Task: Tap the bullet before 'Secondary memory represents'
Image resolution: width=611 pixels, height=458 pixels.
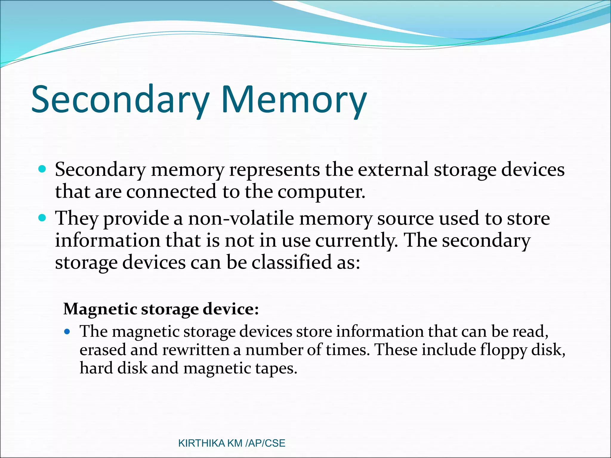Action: (42, 169)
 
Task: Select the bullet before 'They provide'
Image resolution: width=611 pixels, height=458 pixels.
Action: (42, 218)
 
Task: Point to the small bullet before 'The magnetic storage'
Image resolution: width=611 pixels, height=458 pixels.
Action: (67, 331)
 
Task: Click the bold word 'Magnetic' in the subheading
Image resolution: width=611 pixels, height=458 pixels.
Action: (100, 309)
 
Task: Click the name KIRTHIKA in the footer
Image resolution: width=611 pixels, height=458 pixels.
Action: (201, 443)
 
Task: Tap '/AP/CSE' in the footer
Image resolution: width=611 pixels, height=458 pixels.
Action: (265, 443)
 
